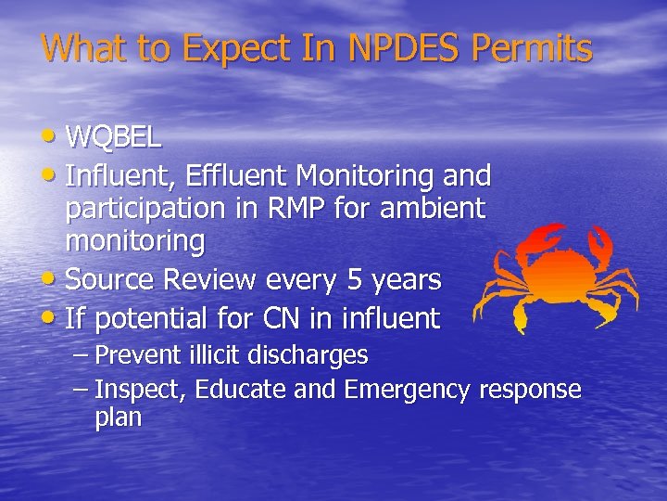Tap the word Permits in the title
pyautogui.click(x=536, y=47)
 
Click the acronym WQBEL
pyautogui.click(x=114, y=137)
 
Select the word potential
pyautogui.click(x=153, y=319)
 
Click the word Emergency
pyautogui.click(x=408, y=390)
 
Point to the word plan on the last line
pyautogui.click(x=118, y=418)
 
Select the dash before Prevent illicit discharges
pyautogui.click(x=81, y=355)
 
